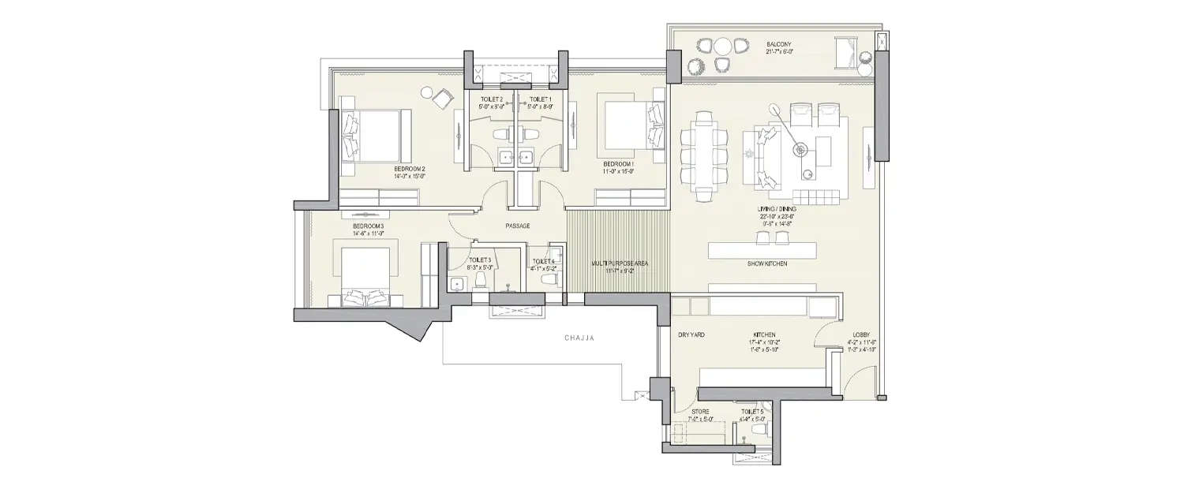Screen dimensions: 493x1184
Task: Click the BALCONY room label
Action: (779, 45)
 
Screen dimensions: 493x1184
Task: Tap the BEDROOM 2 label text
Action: (410, 169)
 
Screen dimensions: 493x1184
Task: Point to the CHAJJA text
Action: (579, 338)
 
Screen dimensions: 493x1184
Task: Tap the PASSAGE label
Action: (516, 226)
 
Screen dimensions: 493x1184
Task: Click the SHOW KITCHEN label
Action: (767, 263)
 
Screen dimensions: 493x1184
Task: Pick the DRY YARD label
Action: (691, 335)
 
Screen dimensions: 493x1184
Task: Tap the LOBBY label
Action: (861, 335)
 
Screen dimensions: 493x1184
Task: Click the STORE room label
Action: (700, 412)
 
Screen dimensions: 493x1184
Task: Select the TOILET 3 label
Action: (480, 260)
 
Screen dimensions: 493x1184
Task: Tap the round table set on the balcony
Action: (719, 56)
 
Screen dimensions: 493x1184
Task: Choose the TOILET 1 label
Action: (541, 99)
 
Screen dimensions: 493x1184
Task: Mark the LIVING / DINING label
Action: (776, 209)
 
